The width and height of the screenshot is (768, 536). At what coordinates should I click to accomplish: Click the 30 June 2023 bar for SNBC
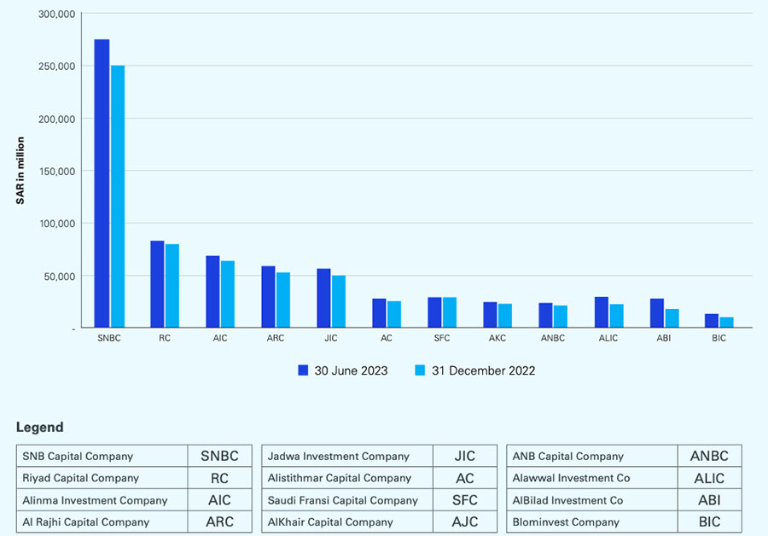pos(102,184)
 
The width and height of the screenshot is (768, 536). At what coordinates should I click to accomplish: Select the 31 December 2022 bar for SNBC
pos(118,196)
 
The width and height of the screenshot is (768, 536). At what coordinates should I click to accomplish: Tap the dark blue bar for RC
pos(157,284)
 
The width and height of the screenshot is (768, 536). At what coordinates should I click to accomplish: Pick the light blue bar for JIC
pos(339,301)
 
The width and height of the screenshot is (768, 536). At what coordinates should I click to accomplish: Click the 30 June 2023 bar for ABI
pos(657,313)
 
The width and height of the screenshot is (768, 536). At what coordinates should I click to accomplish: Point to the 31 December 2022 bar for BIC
pos(726,323)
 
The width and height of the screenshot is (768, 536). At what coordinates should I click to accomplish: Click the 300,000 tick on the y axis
pos(58,15)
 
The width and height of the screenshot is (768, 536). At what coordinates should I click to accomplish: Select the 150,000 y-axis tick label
pos(58,171)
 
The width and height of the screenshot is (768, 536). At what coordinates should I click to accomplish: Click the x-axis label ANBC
pos(552,339)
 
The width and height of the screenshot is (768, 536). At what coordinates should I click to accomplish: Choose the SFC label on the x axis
pos(441,339)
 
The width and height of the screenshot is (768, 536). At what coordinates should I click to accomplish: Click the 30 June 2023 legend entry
pos(342,370)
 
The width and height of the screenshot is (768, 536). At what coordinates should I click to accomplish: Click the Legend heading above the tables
pos(39,428)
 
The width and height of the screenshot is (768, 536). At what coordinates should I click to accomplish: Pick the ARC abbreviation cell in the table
pos(219,521)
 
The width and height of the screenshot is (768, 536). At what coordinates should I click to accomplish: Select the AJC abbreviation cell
pos(465,521)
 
